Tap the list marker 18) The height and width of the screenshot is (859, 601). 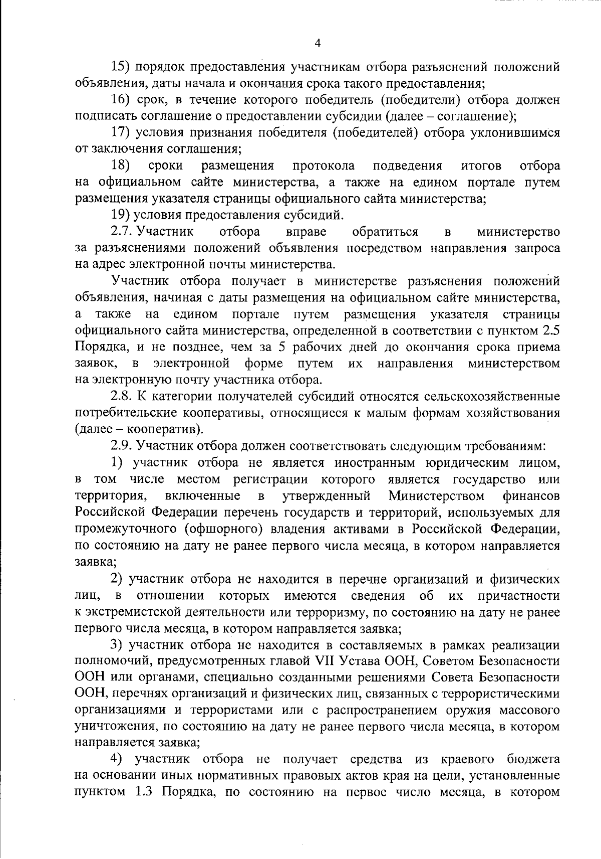[x=120, y=165]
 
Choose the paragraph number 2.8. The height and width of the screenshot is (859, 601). [x=121, y=397]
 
